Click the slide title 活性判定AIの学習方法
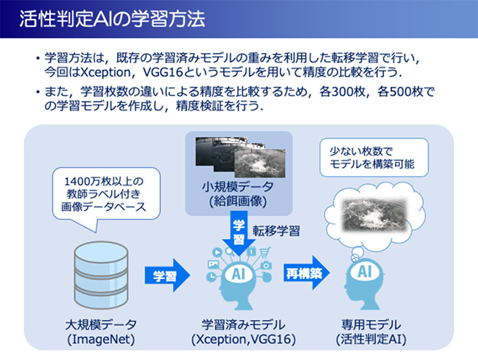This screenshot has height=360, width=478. pos(112,19)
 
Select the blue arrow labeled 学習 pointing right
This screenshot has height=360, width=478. pos(167,275)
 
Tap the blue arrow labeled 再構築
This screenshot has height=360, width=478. pos(306,273)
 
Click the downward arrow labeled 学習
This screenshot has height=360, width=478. pos(239,233)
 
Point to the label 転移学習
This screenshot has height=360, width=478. pos(276,231)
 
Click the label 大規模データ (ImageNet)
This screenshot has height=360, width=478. pos(101,331)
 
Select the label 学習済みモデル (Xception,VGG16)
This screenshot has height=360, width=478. pos(243,331)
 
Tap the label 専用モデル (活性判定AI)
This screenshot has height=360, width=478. pos(371,331)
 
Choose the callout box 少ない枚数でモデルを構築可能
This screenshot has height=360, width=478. pos(374,157)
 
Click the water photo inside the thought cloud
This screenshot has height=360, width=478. pos(374,215)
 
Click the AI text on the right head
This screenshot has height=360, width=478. pos(365,271)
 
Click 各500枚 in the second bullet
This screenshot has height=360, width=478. pos(400,91)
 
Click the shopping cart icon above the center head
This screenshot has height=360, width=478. pos(265,252)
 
